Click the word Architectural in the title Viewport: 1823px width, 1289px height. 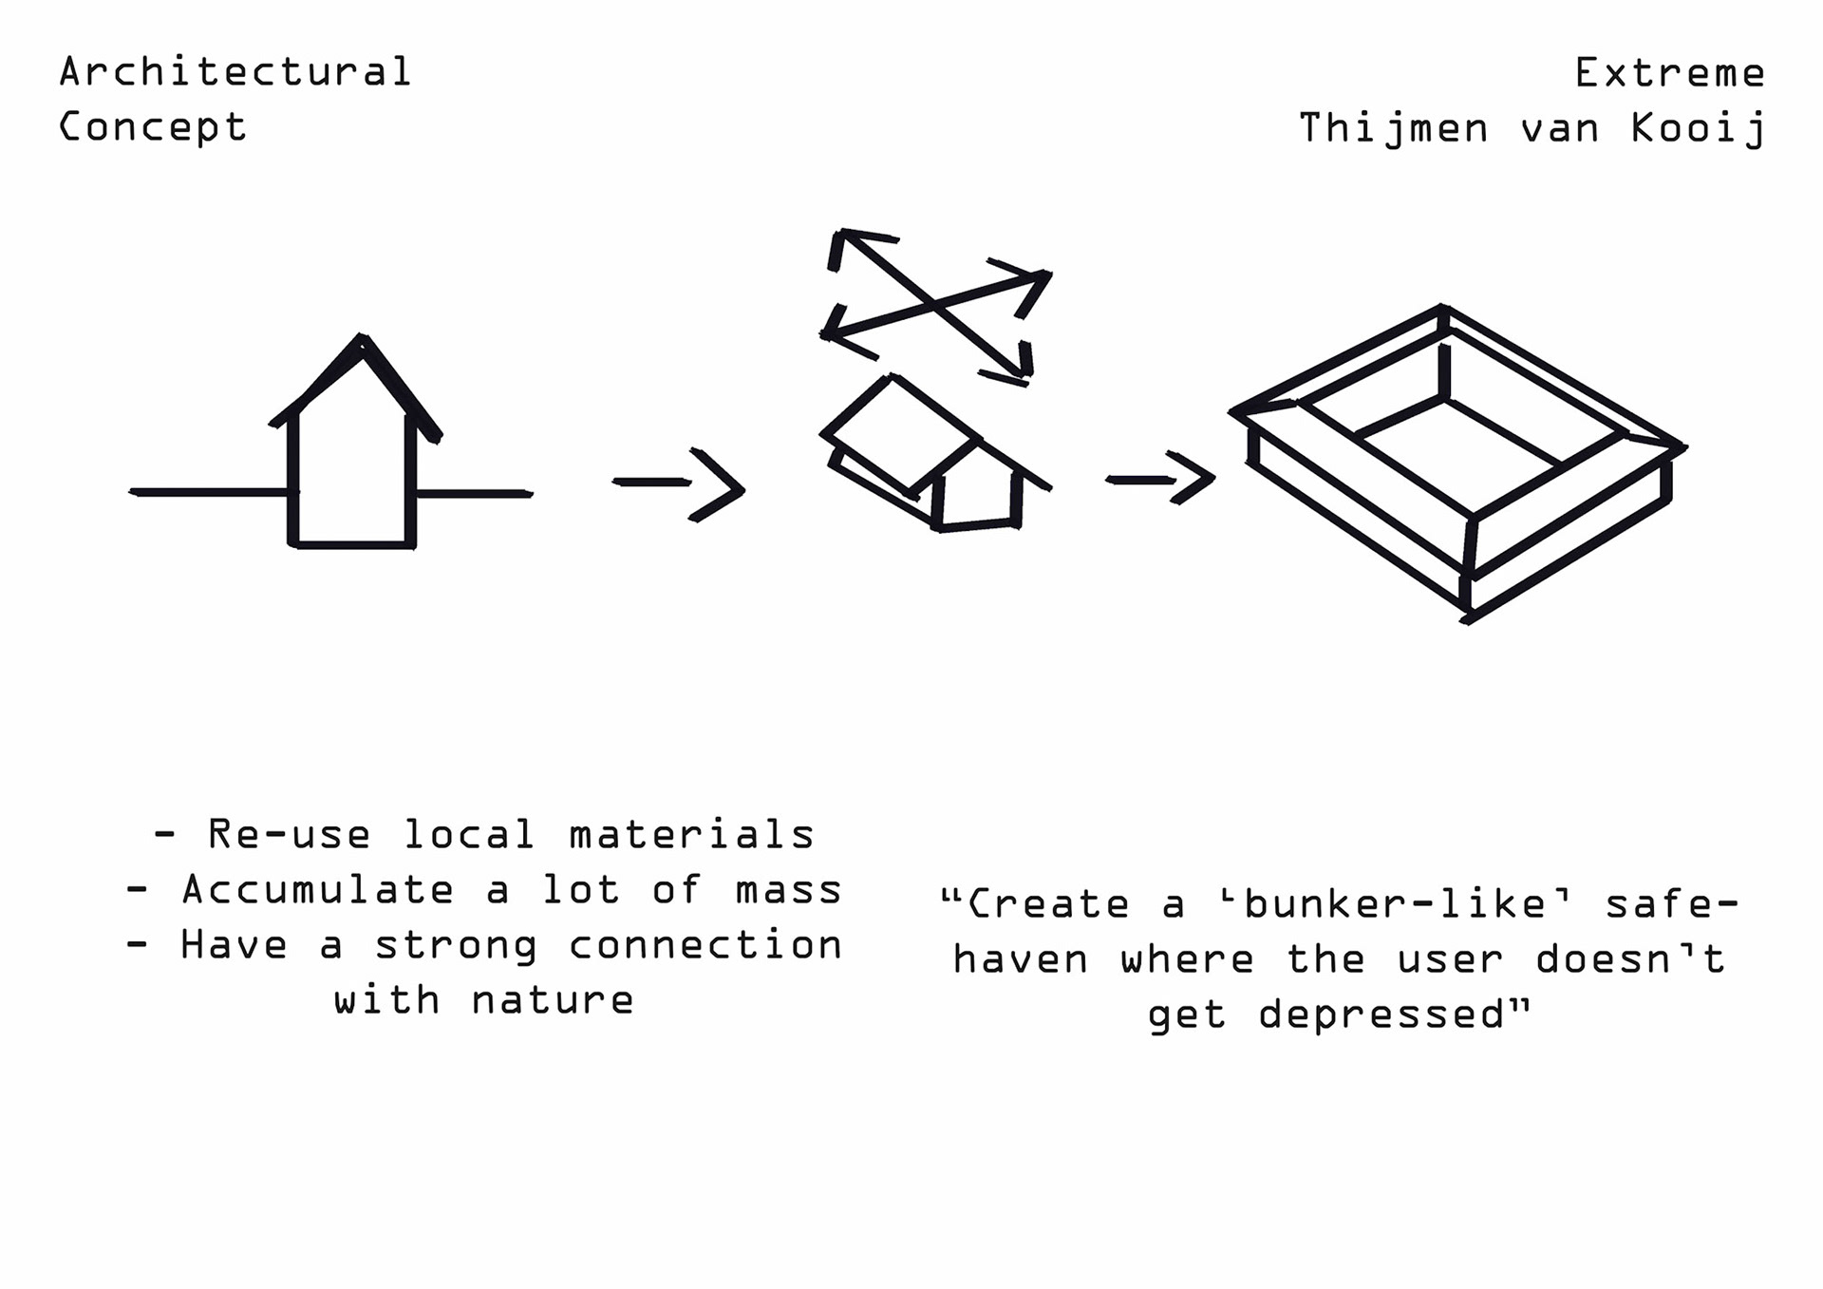[x=235, y=72]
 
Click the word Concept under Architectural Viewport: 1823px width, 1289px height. [x=152, y=127]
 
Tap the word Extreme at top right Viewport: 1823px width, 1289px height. [x=1669, y=73]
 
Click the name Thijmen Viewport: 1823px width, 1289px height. [x=1393, y=129]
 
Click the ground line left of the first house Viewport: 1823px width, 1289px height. [x=209, y=492]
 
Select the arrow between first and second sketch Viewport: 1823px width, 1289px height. [x=679, y=484]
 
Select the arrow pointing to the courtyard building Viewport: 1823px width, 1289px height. [x=1160, y=478]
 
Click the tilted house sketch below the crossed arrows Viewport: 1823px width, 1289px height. [x=935, y=456]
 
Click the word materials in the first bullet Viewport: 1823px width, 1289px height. [x=691, y=835]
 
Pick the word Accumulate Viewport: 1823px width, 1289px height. [x=318, y=890]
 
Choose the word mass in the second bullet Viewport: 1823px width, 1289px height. [x=788, y=890]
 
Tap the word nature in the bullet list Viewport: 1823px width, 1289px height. [x=552, y=1000]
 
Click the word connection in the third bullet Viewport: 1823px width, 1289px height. [x=705, y=945]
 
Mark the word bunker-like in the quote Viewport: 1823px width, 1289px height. [x=1396, y=904]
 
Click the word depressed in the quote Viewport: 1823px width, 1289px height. [x=1381, y=1014]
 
